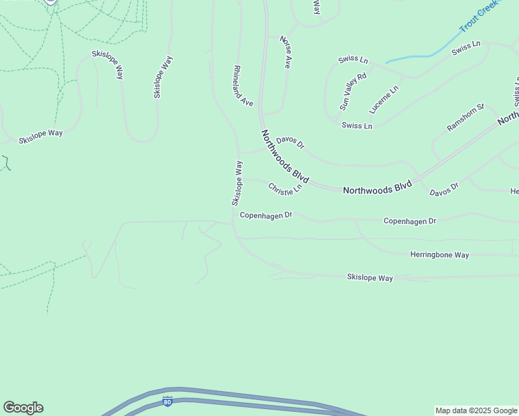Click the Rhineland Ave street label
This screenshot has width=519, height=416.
pyautogui.click(x=243, y=85)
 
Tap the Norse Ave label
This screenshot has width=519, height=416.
pyautogui.click(x=284, y=53)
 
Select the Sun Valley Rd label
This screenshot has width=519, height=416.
pyautogui.click(x=352, y=92)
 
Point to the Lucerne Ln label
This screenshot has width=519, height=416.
pyautogui.click(x=384, y=100)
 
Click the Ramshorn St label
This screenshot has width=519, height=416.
pyautogui.click(x=464, y=118)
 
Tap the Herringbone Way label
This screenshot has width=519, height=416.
pyautogui.click(x=439, y=255)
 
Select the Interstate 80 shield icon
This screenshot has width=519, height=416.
pyautogui.click(x=167, y=401)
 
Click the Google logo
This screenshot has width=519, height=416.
pyautogui.click(x=23, y=408)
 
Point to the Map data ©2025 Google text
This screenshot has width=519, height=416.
pyautogui.click(x=477, y=411)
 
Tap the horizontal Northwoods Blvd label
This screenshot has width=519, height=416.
pyautogui.click(x=377, y=187)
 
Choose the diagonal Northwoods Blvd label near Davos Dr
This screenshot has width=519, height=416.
pyautogui.click(x=284, y=156)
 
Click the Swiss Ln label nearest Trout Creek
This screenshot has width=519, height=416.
pyautogui.click(x=466, y=49)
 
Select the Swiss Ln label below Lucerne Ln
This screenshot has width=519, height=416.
pyautogui.click(x=357, y=125)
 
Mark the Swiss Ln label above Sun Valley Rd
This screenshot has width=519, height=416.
pyautogui.click(x=353, y=60)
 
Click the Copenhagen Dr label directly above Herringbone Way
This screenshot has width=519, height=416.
pyautogui.click(x=409, y=221)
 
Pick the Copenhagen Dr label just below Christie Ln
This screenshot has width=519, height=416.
pyautogui.click(x=266, y=215)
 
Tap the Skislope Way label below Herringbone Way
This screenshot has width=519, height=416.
pyautogui.click(x=370, y=277)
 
